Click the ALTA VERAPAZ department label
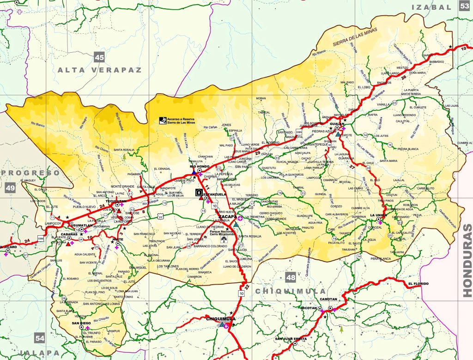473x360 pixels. click(x=100, y=70)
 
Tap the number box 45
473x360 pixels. click(x=99, y=57)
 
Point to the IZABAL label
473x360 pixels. click(x=431, y=7)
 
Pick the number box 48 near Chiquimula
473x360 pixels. click(x=290, y=278)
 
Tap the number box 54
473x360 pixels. click(x=40, y=339)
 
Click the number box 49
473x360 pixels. click(x=10, y=188)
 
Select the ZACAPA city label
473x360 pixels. click(x=228, y=216)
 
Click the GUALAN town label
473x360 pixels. click(x=337, y=123)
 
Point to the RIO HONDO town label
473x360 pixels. click(x=199, y=165)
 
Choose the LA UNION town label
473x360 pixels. click(x=377, y=215)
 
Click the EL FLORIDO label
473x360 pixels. click(x=418, y=283)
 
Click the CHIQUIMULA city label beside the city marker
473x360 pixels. click(x=220, y=318)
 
